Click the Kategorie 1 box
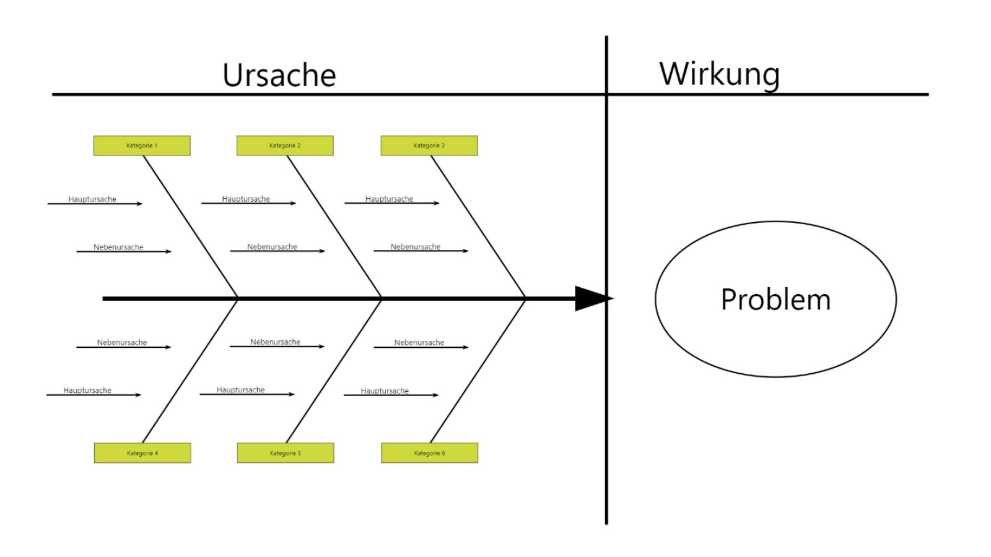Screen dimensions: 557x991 142,145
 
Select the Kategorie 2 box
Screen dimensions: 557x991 285,145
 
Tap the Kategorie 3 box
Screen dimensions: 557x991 429,145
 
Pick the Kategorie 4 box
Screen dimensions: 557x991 142,453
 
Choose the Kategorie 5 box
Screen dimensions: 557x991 286,453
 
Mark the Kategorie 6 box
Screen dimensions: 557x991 429,453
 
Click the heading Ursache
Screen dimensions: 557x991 279,75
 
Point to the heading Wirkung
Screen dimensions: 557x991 719,74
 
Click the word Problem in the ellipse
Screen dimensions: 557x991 775,300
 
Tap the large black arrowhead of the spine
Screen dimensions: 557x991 592,298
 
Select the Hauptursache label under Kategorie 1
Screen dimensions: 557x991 92,199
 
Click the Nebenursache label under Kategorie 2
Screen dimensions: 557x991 272,246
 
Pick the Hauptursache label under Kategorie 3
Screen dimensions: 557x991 389,199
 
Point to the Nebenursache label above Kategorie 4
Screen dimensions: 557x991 122,342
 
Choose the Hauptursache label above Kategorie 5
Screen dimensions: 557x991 240,390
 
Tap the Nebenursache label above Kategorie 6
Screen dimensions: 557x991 419,342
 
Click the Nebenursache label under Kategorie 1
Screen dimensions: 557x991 118,247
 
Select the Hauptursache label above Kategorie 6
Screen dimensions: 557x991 385,391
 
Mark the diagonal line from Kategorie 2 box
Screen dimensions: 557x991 334,227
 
